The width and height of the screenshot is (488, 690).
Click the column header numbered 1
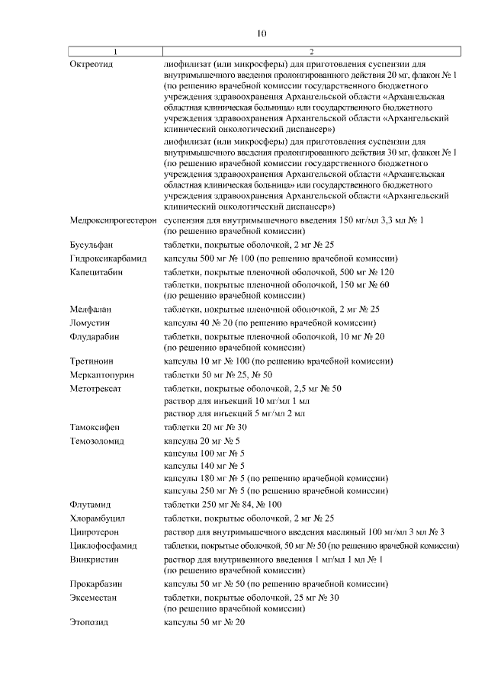pyautogui.click(x=114, y=51)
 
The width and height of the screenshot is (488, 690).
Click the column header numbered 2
pyautogui.click(x=311, y=51)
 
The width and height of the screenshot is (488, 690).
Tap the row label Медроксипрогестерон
pyautogui.click(x=113, y=220)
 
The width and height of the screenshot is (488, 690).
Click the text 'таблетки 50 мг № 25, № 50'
pyautogui.click(x=218, y=374)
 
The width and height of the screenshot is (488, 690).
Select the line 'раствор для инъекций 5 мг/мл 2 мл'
pyautogui.click(x=235, y=413)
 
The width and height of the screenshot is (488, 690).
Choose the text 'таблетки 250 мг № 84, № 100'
pyautogui.click(x=223, y=504)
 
